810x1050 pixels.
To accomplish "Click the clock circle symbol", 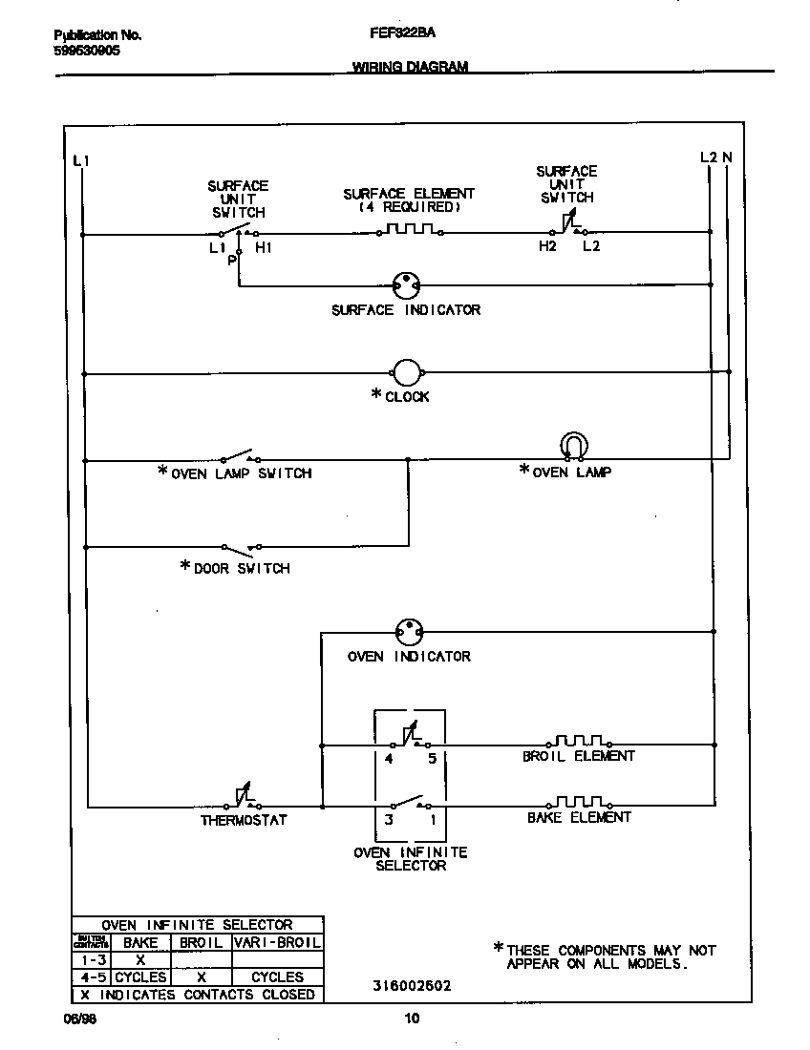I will click(407, 373).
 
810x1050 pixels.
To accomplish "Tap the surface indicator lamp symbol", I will click(408, 284).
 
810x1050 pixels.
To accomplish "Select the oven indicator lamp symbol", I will click(409, 632).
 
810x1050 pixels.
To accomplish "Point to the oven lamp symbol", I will click(573, 446).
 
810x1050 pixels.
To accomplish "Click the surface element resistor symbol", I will click(409, 230).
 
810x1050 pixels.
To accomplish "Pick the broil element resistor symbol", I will click(579, 741).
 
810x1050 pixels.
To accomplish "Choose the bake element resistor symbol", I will click(579, 802).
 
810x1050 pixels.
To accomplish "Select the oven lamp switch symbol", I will click(240, 456).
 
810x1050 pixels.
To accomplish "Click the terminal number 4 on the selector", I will click(389, 759).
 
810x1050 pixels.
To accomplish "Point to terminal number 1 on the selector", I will click(432, 819).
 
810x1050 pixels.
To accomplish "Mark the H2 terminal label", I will click(546, 246).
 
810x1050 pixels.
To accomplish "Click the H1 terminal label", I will click(264, 247).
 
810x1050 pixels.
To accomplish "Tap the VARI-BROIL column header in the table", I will click(277, 942).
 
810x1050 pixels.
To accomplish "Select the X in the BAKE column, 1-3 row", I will click(139, 959).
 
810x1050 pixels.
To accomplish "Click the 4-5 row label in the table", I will click(93, 976).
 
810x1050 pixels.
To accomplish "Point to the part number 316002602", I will click(412, 985).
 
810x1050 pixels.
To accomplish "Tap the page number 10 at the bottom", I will click(412, 1018).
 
